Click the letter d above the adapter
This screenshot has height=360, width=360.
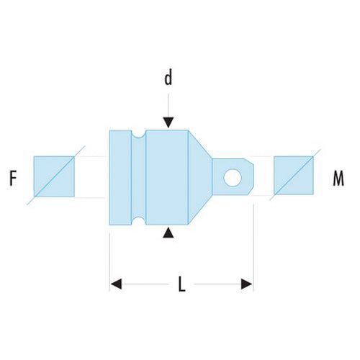tap(168, 77)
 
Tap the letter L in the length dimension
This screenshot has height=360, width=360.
tap(182, 284)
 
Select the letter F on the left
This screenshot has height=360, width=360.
tap(13, 178)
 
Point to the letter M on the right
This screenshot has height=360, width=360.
tap(338, 178)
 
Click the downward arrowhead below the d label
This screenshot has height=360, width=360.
tap(168, 122)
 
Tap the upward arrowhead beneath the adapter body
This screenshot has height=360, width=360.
tap(168, 233)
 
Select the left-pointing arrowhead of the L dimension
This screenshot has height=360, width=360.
tap(116, 284)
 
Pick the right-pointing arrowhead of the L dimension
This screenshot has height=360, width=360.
tap(246, 284)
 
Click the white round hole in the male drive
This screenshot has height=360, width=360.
tap(233, 178)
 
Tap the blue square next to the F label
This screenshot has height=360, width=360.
tap(54, 176)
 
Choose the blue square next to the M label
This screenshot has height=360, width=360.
tap(294, 176)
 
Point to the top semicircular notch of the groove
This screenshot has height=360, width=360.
tap(138, 134)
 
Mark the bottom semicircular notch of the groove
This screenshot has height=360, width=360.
tap(138, 221)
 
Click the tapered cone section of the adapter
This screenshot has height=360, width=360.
tap(200, 177)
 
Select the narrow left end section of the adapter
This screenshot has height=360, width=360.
tap(120, 178)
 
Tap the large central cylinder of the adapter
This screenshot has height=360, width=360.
tap(167, 178)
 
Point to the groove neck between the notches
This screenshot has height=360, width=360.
tap(139, 178)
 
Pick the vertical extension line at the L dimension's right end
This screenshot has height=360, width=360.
tap(253, 247)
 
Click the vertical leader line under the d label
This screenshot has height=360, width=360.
tap(168, 106)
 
